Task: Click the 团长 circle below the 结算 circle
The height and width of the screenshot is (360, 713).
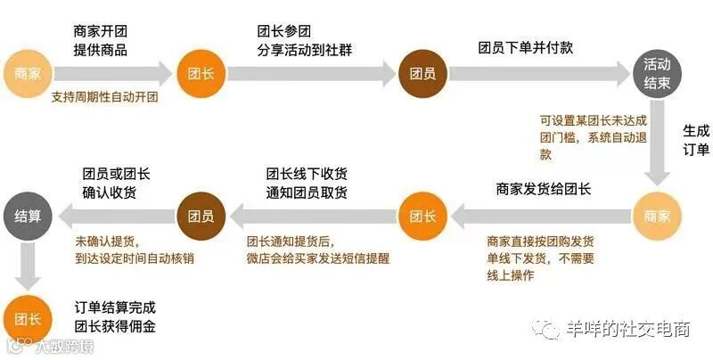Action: pos(28,317)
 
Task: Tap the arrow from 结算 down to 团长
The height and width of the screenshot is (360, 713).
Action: pos(28,264)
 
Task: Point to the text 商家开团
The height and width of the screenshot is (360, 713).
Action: pos(100,32)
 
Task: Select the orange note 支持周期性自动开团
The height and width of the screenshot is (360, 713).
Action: pos(104,97)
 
